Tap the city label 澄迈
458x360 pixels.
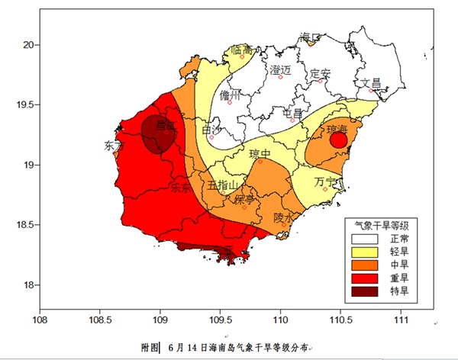pos(281,69)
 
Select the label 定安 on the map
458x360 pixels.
pos(321,73)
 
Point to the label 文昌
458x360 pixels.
pos(371,82)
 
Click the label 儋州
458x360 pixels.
pos(230,95)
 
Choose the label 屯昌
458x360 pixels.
pos(292,114)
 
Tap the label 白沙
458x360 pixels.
pos(211,130)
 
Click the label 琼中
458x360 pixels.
pos(260,154)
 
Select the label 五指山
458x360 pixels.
pos(224,185)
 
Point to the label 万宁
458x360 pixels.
pos(324,182)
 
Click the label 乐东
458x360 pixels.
pos(181,186)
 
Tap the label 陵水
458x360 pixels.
pos(284,217)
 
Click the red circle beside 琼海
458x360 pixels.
pos(339,140)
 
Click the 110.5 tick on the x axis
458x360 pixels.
pos(340,320)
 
